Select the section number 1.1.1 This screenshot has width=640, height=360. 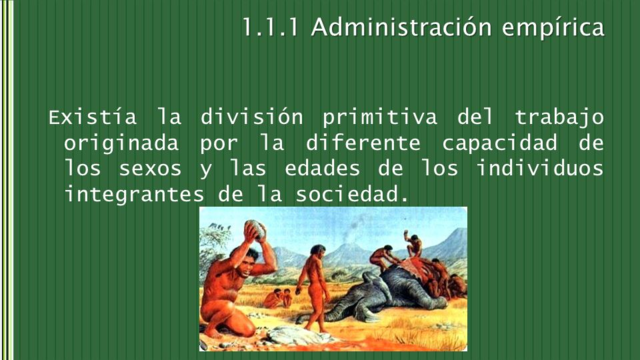(x=271, y=27)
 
